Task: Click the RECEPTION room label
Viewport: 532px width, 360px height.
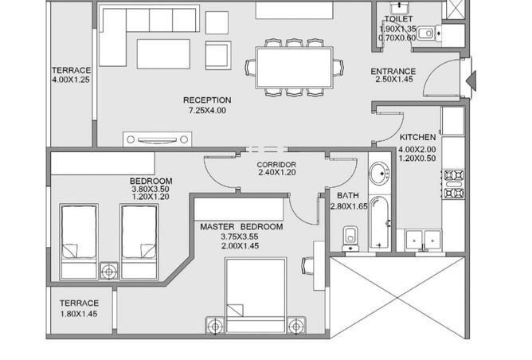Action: (x=207, y=100)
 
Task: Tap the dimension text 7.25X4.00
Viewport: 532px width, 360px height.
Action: (x=207, y=110)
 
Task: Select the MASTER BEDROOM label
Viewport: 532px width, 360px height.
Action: (x=241, y=227)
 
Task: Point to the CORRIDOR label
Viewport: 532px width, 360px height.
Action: (x=276, y=165)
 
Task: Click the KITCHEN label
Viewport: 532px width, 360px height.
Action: (x=417, y=137)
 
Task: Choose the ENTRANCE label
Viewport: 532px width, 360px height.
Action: (x=393, y=71)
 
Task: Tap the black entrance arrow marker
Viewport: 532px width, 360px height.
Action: (x=471, y=80)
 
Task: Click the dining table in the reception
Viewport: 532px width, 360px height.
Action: (x=294, y=68)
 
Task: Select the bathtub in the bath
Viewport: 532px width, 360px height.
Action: (x=379, y=222)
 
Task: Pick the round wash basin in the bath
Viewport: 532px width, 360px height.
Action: (x=379, y=174)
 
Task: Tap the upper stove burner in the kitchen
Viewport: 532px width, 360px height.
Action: (x=454, y=175)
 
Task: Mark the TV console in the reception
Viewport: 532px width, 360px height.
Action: (x=157, y=139)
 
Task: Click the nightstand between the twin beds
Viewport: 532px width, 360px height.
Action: (x=109, y=271)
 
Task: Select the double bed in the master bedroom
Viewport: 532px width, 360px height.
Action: (x=256, y=295)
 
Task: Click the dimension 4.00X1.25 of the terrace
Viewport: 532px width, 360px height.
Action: (x=71, y=80)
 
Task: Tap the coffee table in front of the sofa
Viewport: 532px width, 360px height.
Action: (x=163, y=54)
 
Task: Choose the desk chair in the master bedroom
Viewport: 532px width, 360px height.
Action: (x=307, y=265)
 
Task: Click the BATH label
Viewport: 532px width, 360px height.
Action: (x=348, y=195)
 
